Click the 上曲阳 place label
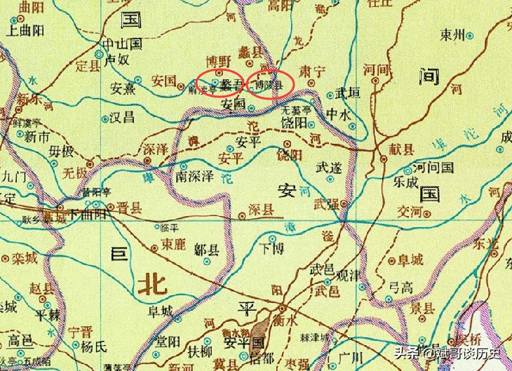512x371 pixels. tap(25, 32)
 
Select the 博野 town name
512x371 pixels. tap(218, 60)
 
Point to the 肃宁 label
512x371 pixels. tap(313, 71)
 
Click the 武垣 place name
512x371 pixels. tap(349, 92)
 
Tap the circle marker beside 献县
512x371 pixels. tap(384, 158)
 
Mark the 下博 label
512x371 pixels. tap(272, 248)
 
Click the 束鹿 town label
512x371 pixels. tap(173, 245)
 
